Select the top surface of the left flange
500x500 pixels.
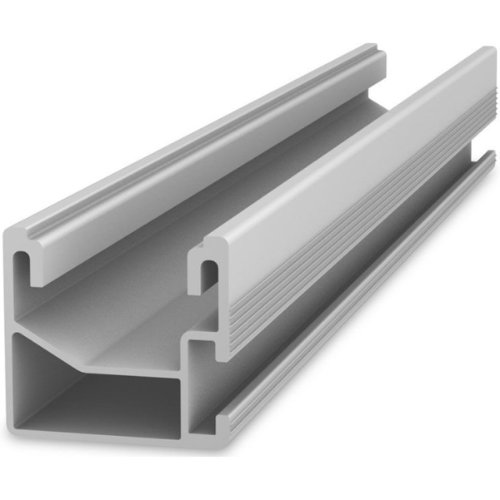pos(208,141)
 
